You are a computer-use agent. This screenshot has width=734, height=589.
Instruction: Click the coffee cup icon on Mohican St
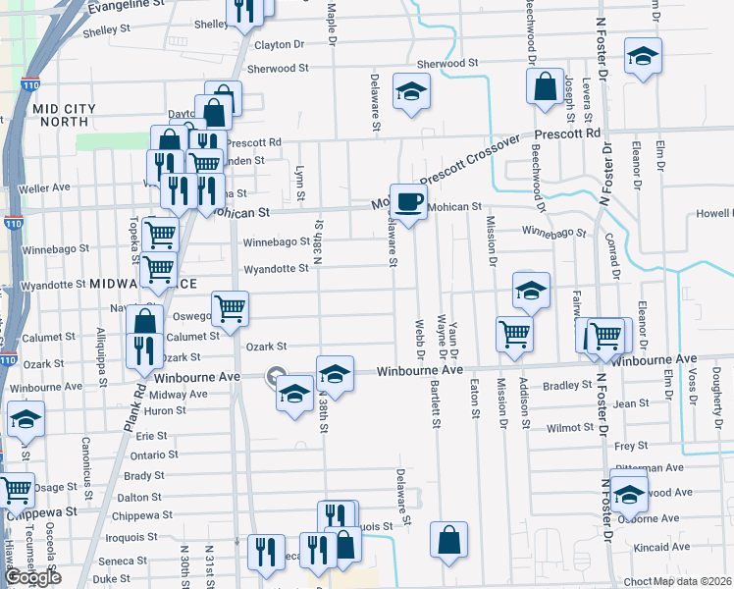coord(408,201)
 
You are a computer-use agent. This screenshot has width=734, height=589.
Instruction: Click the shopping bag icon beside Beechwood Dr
coord(544,85)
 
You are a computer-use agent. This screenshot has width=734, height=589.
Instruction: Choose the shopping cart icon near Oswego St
coord(231,309)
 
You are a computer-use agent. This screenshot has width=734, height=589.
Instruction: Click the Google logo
coord(32,577)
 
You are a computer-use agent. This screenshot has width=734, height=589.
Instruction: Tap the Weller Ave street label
coord(44,187)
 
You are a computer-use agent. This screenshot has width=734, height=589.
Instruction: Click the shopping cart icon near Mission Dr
coord(514,334)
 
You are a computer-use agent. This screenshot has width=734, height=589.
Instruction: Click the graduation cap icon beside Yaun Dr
coord(531,291)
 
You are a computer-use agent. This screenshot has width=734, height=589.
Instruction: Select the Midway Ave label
coord(177,394)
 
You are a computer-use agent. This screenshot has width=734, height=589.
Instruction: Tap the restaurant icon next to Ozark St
coord(144,349)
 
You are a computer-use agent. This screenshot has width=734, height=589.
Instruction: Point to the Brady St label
coord(143,476)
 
